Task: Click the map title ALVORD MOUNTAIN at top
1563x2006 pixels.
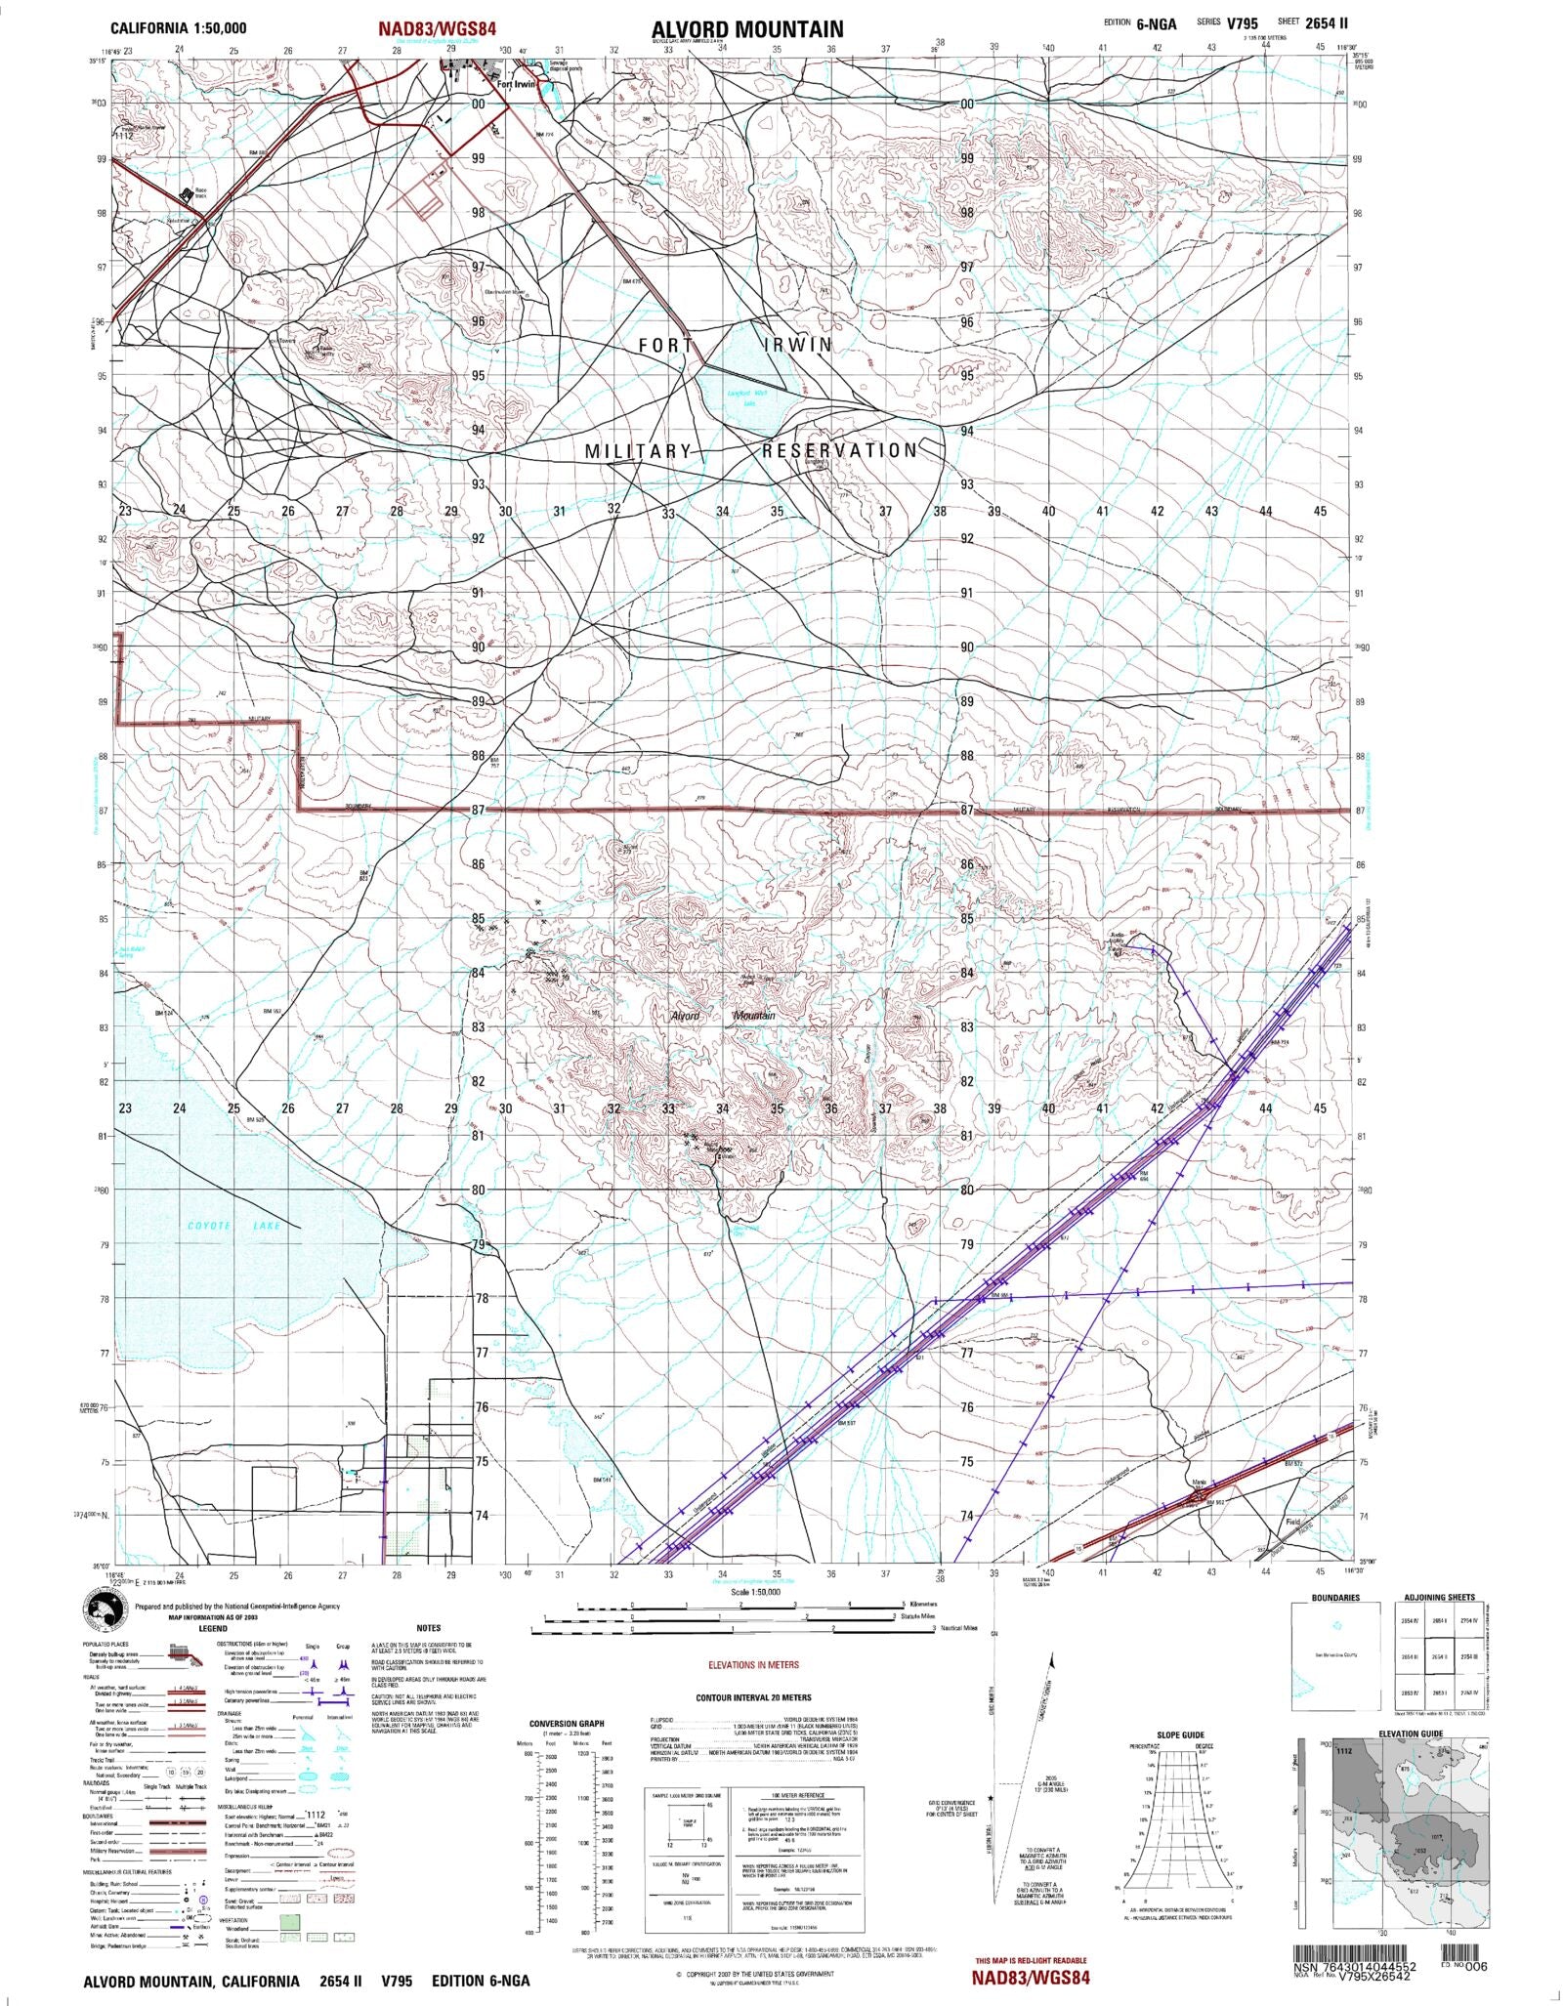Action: click(x=747, y=28)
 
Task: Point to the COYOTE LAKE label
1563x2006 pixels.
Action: click(x=235, y=1226)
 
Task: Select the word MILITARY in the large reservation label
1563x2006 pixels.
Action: click(x=638, y=451)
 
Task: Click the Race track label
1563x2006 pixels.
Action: click(x=201, y=193)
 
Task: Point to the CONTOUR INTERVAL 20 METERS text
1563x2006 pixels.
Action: click(x=753, y=1697)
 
